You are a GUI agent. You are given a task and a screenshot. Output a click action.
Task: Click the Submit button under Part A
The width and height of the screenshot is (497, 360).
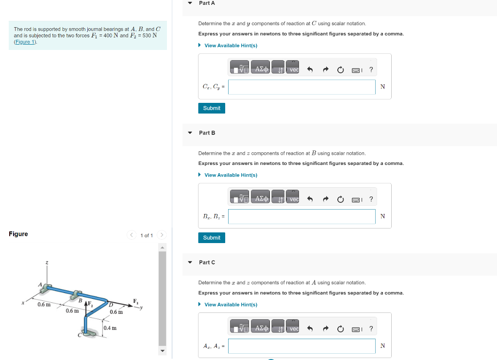pos(211,108)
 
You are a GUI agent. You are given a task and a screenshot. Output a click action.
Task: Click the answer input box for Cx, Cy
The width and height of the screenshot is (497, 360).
pos(301,87)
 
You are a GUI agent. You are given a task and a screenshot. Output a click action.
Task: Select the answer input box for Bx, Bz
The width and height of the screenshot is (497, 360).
pos(301,217)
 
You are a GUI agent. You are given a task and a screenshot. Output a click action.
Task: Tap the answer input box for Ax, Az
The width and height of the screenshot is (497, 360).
pos(301,346)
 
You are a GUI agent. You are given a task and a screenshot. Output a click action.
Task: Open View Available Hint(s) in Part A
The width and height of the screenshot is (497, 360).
pos(231,46)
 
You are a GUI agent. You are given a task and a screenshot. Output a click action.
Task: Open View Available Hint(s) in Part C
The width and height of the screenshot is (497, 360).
pos(231,305)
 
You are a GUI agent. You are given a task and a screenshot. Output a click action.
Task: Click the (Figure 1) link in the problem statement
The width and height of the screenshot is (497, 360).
pos(25,42)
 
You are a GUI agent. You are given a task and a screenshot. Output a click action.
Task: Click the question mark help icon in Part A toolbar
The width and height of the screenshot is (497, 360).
pos(371,70)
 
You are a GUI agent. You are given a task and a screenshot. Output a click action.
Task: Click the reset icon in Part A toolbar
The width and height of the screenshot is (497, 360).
pos(340,70)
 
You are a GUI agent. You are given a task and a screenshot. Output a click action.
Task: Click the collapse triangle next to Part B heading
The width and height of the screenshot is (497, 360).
pos(190,132)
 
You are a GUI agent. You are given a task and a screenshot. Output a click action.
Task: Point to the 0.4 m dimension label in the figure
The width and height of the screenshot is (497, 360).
pos(111,328)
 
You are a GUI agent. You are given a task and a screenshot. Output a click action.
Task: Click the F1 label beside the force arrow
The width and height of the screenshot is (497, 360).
pos(136,301)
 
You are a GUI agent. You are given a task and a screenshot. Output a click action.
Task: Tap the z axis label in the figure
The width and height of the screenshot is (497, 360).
pos(47,262)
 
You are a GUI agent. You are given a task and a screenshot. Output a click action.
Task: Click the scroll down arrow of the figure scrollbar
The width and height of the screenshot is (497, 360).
pos(163,351)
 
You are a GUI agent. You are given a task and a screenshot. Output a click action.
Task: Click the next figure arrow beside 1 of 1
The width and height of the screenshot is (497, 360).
pos(162,235)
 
